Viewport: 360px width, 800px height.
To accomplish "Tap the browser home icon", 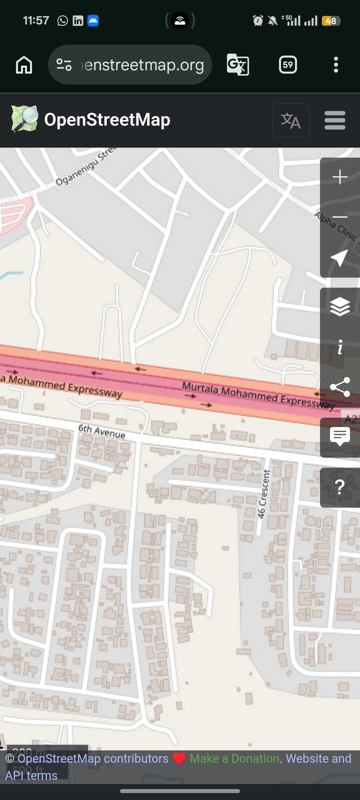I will tap(24, 65).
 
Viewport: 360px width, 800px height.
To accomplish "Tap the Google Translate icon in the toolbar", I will tap(238, 65).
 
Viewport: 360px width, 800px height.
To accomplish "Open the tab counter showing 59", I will tap(288, 65).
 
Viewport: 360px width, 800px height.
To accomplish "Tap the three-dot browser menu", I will tap(336, 65).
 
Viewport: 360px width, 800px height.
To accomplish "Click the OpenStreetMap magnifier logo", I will tap(25, 119).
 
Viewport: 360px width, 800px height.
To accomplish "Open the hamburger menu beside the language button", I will tap(334, 120).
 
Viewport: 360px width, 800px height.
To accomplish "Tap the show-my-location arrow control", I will tap(339, 258).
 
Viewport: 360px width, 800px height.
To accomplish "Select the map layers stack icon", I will tap(340, 306).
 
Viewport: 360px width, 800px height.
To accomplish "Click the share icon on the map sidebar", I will tap(340, 387).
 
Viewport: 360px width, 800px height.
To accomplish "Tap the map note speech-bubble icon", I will tap(340, 436).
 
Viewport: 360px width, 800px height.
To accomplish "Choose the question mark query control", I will tap(340, 487).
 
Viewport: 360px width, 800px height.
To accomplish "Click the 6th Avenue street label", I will tap(102, 431).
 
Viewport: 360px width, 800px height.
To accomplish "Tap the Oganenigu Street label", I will tap(86, 166).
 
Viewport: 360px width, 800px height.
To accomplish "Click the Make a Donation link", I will tap(234, 758).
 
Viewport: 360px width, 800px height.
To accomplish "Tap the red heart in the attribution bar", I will tap(179, 758).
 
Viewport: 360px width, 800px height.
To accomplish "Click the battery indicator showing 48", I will tap(331, 21).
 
